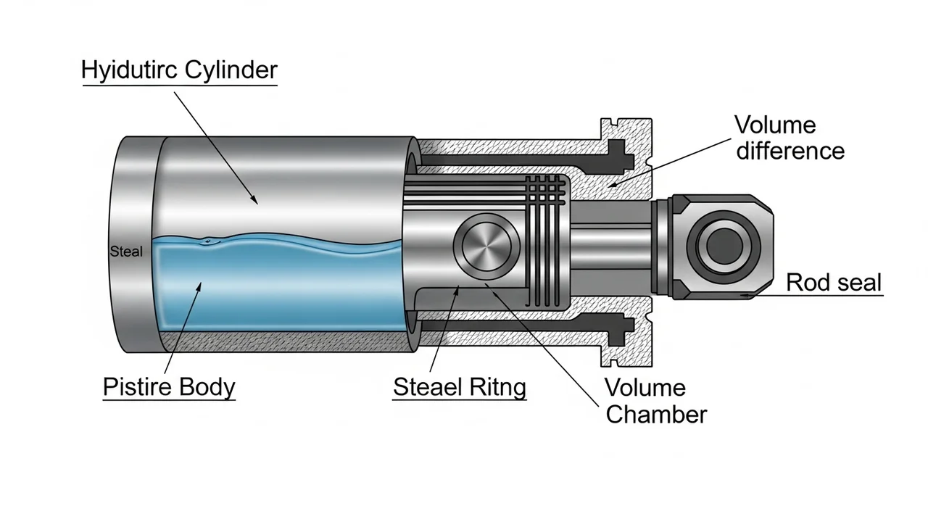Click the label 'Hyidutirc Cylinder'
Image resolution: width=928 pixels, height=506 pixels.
point(179,71)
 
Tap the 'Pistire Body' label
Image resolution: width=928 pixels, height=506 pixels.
point(169,386)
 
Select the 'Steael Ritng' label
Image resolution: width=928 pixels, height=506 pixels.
point(460,386)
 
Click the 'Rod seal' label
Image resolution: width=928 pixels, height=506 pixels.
point(834,282)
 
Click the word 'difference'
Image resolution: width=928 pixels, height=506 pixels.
point(790,151)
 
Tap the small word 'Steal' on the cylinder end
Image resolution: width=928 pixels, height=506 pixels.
point(126,252)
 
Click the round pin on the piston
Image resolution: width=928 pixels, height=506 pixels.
point(486,247)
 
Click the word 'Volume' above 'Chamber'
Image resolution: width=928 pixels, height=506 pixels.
point(645,387)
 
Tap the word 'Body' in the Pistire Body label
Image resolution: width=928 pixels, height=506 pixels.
point(207,386)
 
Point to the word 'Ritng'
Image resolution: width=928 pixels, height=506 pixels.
point(497,386)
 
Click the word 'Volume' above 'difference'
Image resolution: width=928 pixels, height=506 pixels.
point(775,124)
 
